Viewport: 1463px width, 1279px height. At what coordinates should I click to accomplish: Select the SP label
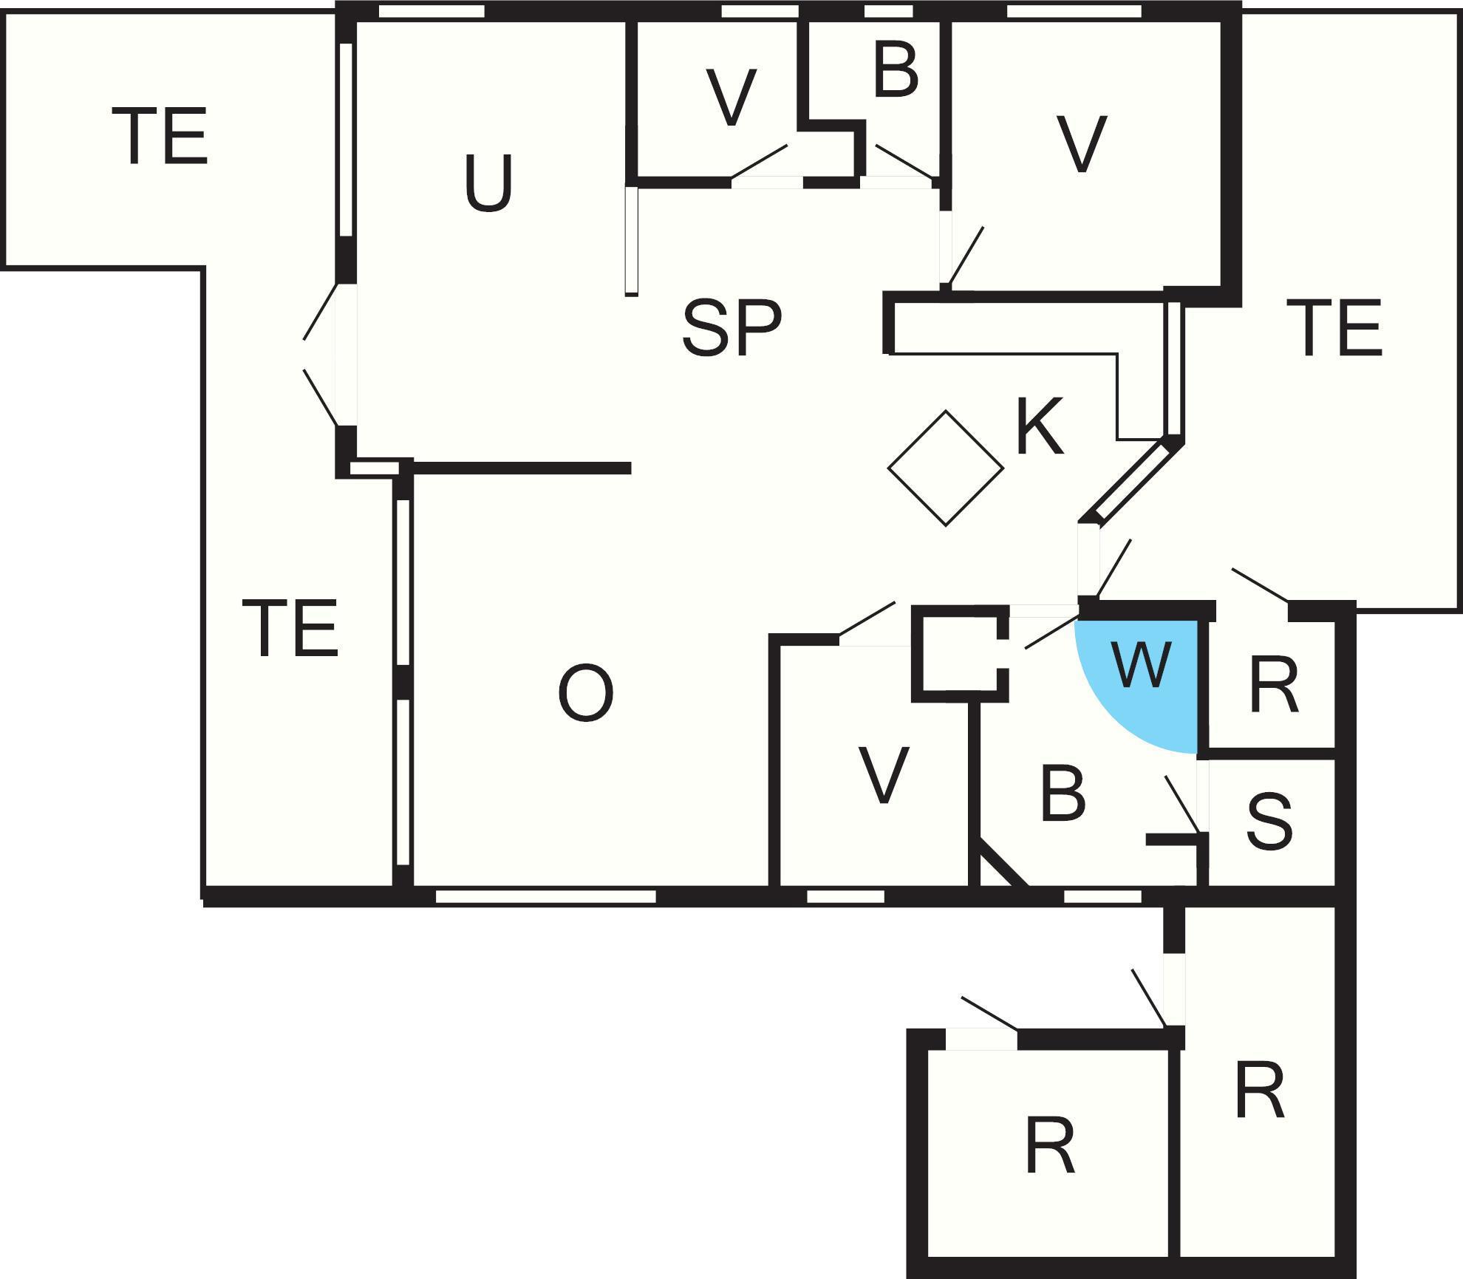tap(731, 327)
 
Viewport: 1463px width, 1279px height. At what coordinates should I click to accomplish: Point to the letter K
tap(1040, 427)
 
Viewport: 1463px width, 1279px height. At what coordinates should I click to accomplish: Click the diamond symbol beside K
tap(946, 468)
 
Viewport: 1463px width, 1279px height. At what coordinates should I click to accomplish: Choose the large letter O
tap(585, 693)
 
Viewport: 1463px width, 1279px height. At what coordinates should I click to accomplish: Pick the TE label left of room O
tap(290, 628)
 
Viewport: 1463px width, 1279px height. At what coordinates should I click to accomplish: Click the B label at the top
tap(896, 71)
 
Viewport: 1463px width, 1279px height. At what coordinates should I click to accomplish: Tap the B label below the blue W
tap(1063, 795)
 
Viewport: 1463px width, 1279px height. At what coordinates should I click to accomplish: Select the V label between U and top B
tap(731, 98)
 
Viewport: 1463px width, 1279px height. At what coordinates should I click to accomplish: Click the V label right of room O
tap(884, 776)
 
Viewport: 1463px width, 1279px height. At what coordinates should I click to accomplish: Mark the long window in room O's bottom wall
tap(545, 896)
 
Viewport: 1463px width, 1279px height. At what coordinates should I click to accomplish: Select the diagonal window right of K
tap(1130, 484)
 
